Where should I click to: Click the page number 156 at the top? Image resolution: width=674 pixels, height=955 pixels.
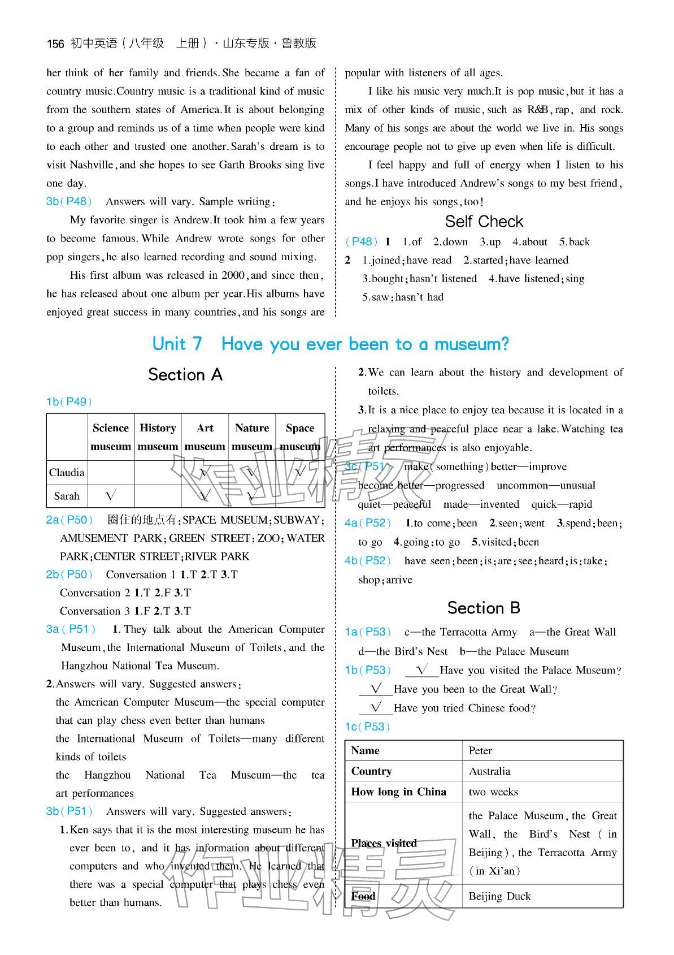pos(55,44)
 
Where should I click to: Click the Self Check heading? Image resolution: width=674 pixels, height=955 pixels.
pos(484,221)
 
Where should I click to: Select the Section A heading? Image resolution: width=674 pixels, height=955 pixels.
pos(185,374)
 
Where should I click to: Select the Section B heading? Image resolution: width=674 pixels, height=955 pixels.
pos(483,608)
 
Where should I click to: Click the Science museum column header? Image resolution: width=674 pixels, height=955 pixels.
pos(111,437)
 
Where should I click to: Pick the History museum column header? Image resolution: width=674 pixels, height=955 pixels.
pos(158,437)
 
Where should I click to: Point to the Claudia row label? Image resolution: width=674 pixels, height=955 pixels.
pos(67,472)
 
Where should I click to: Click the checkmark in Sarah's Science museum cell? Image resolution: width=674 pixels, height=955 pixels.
pos(111,496)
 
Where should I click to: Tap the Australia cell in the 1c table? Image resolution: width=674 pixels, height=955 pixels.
pos(489,771)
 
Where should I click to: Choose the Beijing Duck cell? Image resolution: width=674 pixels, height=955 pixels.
pos(499,896)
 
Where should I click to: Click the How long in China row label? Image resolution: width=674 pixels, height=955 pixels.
pos(398,792)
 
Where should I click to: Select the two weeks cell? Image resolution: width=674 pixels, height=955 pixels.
pos(493,792)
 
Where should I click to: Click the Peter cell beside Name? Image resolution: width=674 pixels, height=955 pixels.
pos(480,750)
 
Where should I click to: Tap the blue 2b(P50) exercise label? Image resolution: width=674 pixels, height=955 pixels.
pos(69,574)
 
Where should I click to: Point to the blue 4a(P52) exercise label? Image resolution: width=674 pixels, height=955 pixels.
pos(368,523)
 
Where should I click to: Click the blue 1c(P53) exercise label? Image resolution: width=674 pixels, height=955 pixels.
pos(367,727)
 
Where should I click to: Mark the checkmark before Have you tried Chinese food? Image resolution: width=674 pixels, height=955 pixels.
pos(376,707)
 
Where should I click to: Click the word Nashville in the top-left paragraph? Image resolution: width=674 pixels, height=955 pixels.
pos(93,165)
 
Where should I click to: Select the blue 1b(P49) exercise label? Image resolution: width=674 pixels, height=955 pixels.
pos(69,401)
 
